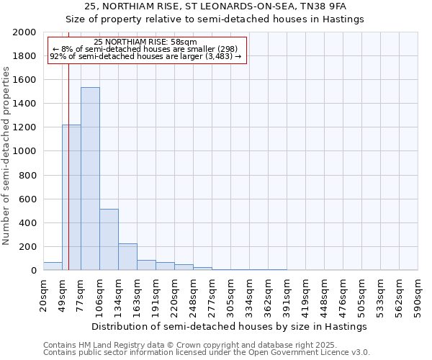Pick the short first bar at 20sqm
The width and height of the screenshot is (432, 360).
[53, 266]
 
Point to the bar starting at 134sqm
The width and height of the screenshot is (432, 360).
[127, 256]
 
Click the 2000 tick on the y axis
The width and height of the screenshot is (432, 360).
[25, 32]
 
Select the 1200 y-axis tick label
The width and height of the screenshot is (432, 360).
[25, 127]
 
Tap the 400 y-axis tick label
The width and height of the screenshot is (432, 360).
[28, 223]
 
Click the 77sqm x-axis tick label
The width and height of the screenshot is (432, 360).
[81, 292]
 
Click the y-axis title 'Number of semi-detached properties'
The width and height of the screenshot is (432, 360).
[6, 156]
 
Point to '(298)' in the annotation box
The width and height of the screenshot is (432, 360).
[222, 50]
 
